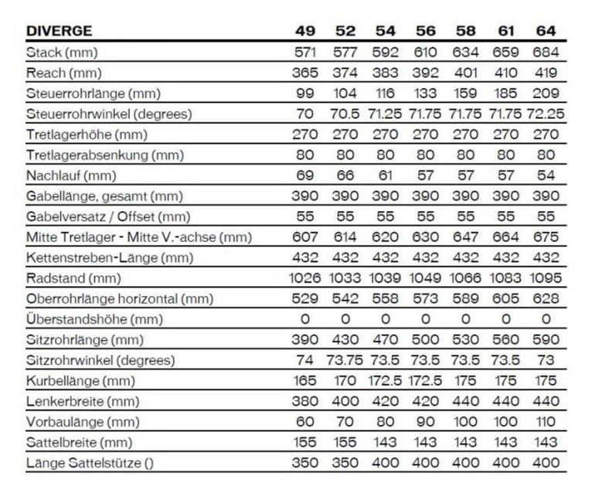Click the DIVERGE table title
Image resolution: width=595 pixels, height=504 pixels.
tap(59, 32)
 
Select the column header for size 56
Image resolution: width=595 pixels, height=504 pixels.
tap(425, 32)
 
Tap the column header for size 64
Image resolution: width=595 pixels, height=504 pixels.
tap(546, 32)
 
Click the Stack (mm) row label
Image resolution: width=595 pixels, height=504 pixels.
tap(64, 53)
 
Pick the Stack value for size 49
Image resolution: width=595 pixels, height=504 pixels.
tap(304, 53)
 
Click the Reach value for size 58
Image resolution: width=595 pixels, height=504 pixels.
tap(465, 73)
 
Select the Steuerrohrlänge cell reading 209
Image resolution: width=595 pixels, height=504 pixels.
tap(546, 94)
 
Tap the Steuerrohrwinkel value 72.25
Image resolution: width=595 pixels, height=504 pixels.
tap(546, 114)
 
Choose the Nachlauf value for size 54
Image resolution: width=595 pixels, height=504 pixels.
tap(385, 175)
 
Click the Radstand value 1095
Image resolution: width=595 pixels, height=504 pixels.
tap(546, 278)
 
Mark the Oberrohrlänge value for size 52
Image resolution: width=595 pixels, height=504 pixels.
tap(345, 298)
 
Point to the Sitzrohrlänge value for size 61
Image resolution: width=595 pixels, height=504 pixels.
tap(505, 339)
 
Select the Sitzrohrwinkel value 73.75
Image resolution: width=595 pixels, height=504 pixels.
tap(345, 359)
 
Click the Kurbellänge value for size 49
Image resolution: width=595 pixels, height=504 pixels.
tap(304, 380)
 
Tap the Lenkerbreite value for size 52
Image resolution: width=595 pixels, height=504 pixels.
tap(345, 401)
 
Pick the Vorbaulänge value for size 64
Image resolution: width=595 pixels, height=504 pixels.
tap(546, 422)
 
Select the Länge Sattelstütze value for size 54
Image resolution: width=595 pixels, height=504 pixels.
tap(385, 463)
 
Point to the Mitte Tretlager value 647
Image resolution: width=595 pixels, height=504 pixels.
tap(465, 237)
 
